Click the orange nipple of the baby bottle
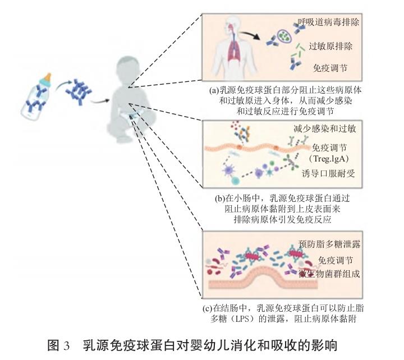pos(47,78)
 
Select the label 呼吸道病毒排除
pos(328,22)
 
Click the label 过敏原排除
pos(330,47)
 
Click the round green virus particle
pos(284,36)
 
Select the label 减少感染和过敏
pos(325,128)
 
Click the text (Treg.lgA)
pos(329,159)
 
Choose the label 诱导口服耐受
pos(328,174)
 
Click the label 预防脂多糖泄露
pos(329,244)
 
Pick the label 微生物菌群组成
pos(329,274)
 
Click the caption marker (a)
pos(214,90)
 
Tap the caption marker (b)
pos(220,199)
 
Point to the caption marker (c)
pos(208,308)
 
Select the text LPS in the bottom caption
pos(240,319)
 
